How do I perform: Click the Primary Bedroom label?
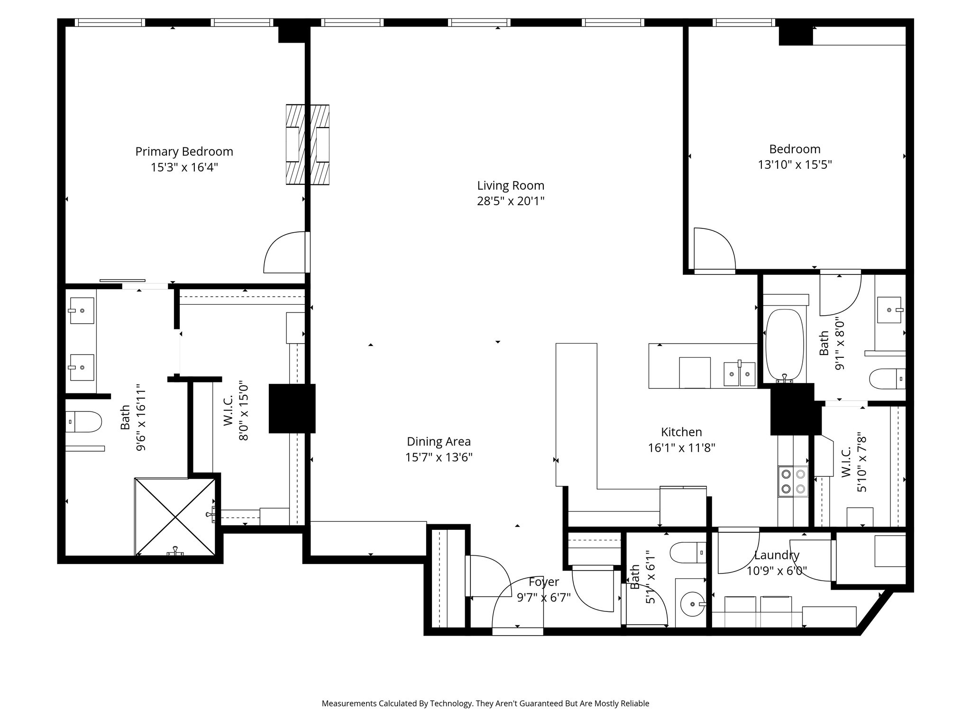pyautogui.click(x=184, y=152)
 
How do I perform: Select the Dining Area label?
pyautogui.click(x=439, y=442)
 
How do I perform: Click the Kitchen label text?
pyautogui.click(x=681, y=432)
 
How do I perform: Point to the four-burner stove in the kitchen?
pyautogui.click(x=793, y=481)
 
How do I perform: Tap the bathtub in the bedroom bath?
pyautogui.click(x=785, y=345)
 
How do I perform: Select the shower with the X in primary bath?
pyautogui.click(x=175, y=517)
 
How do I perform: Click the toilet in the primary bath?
pyautogui.click(x=83, y=421)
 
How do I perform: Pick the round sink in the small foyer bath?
pyautogui.click(x=692, y=604)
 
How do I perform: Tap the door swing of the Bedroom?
pyautogui.click(x=714, y=249)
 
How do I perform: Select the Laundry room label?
pyautogui.click(x=777, y=555)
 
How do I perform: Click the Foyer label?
pyautogui.click(x=544, y=582)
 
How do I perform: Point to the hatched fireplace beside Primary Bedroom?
pyautogui.click(x=307, y=145)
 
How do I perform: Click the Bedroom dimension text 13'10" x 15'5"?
pyautogui.click(x=795, y=165)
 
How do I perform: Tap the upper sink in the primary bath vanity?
pyautogui.click(x=82, y=310)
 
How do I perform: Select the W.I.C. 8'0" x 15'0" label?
pyautogui.click(x=236, y=411)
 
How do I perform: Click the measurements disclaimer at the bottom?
pyautogui.click(x=485, y=703)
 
